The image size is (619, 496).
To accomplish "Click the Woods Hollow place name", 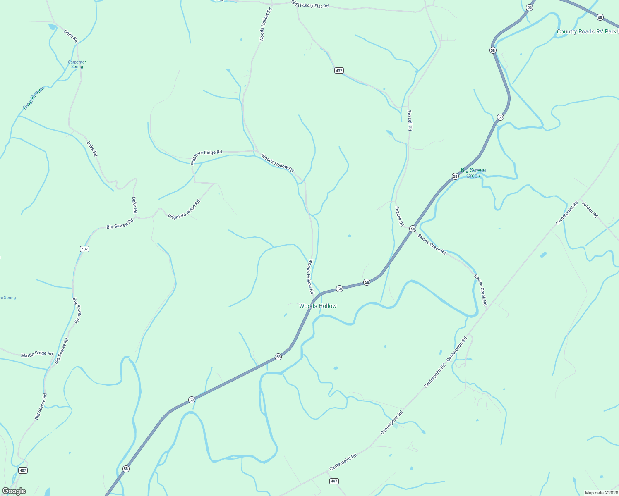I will (x=318, y=306).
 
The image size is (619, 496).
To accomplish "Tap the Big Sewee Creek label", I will (x=473, y=173).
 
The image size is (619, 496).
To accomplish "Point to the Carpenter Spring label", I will (x=77, y=64).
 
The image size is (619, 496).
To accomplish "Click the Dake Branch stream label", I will (x=34, y=98).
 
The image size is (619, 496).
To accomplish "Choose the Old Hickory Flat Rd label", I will (x=310, y=5).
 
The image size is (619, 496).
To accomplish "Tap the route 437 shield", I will (x=339, y=71).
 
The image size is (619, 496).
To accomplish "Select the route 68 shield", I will (x=600, y=17).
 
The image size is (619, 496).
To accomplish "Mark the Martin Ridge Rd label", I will (x=37, y=354).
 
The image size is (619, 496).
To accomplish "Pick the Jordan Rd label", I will (x=590, y=210).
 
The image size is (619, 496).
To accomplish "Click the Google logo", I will (x=14, y=491).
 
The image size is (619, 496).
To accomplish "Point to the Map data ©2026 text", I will (x=601, y=493).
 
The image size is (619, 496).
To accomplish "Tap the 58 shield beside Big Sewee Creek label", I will (x=455, y=176).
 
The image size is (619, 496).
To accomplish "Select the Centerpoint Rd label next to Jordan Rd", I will (x=567, y=213).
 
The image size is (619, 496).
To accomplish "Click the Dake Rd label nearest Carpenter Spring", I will (x=71, y=36).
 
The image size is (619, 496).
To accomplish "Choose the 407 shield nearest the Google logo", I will (x=23, y=470).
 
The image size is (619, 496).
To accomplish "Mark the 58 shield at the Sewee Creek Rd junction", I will (x=413, y=229).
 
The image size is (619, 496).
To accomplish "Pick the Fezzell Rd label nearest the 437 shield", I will (x=410, y=120).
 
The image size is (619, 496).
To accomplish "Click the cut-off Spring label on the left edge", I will (x=8, y=298).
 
